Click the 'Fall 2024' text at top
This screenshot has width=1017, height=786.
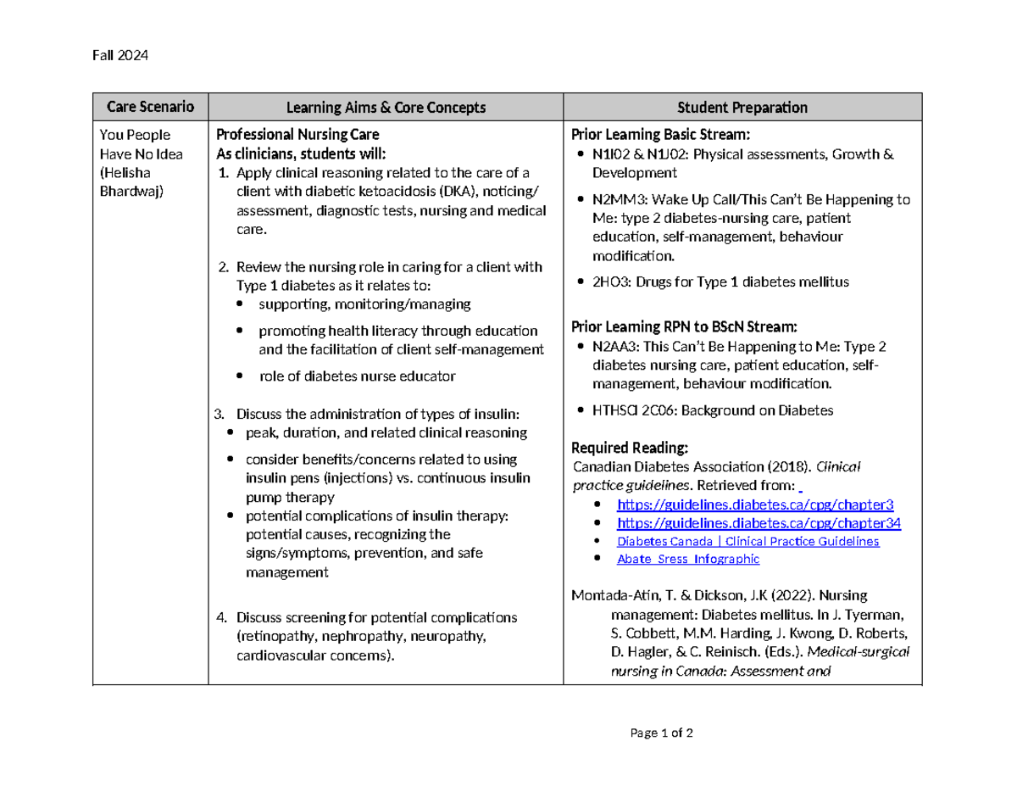click(119, 56)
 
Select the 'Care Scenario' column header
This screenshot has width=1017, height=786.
click(150, 107)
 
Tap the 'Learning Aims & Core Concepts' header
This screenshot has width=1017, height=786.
click(386, 108)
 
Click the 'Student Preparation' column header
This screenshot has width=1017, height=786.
click(742, 108)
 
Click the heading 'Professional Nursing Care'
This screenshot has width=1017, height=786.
click(297, 135)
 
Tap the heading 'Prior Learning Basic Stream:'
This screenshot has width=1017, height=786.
click(661, 135)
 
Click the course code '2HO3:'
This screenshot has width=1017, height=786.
click(610, 282)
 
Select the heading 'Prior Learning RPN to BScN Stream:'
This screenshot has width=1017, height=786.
click(684, 327)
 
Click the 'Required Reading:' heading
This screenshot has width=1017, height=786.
click(629, 448)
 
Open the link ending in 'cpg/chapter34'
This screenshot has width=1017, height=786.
click(759, 523)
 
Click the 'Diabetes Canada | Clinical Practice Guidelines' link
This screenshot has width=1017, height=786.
click(747, 541)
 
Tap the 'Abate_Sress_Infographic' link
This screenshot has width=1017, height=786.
click(687, 560)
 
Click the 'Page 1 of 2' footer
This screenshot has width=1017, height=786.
click(662, 733)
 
